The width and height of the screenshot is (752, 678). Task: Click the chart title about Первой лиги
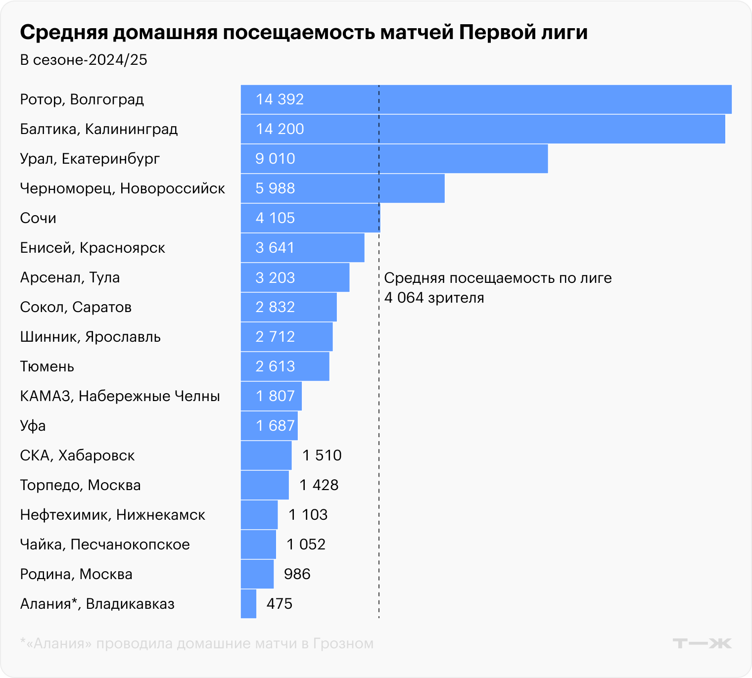[304, 33]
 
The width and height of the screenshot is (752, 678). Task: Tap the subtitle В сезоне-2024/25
[84, 60]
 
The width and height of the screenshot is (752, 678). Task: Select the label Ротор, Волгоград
[82, 99]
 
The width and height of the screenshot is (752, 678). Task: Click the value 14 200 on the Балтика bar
[280, 129]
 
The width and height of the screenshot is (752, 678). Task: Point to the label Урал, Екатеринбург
[90, 159]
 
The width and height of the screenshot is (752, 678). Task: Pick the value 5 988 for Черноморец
[275, 188]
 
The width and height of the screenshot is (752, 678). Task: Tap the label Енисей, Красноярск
[93, 248]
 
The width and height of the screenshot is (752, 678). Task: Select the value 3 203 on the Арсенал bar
[275, 277]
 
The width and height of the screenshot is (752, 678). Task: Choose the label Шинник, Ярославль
[91, 337]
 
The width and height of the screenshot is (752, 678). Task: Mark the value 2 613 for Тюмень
[275, 366]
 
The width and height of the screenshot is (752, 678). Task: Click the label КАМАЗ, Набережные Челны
[120, 396]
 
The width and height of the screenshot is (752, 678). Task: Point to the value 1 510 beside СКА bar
[322, 455]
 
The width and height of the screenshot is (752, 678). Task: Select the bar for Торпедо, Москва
[265, 485]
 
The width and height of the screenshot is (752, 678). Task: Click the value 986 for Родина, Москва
[297, 574]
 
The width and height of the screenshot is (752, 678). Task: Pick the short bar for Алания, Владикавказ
[248, 604]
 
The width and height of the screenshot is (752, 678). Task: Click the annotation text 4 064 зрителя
[434, 298]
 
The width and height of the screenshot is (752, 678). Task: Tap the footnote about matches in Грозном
[197, 643]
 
